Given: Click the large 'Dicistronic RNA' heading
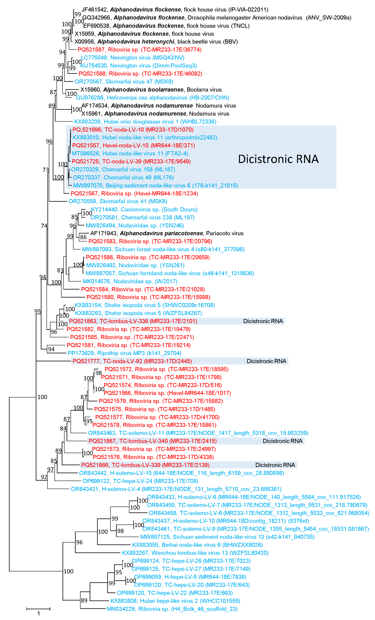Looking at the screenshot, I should (x=278, y=159).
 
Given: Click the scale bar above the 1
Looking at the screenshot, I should (x=38, y=609).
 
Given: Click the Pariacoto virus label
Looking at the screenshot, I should (x=225, y=233).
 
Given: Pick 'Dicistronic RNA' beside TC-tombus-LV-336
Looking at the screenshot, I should (x=263, y=321).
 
